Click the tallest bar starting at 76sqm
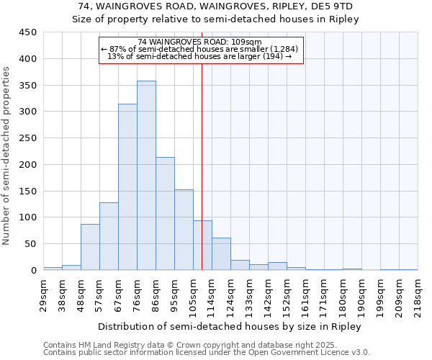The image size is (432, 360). click(x=146, y=176)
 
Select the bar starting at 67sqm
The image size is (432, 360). click(x=127, y=187)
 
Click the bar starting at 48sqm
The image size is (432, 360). click(x=90, y=247)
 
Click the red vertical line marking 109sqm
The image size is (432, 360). click(x=202, y=166)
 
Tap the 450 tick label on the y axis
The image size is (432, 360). click(x=28, y=32)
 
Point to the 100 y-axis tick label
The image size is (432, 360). click(x=28, y=217)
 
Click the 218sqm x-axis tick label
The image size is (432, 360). click(x=418, y=294)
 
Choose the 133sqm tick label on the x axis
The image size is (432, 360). click(x=249, y=294)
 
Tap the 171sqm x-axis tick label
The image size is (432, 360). click(x=324, y=294)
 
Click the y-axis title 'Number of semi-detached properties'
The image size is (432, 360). click(x=7, y=155)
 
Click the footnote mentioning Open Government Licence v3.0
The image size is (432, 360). click(x=207, y=352)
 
